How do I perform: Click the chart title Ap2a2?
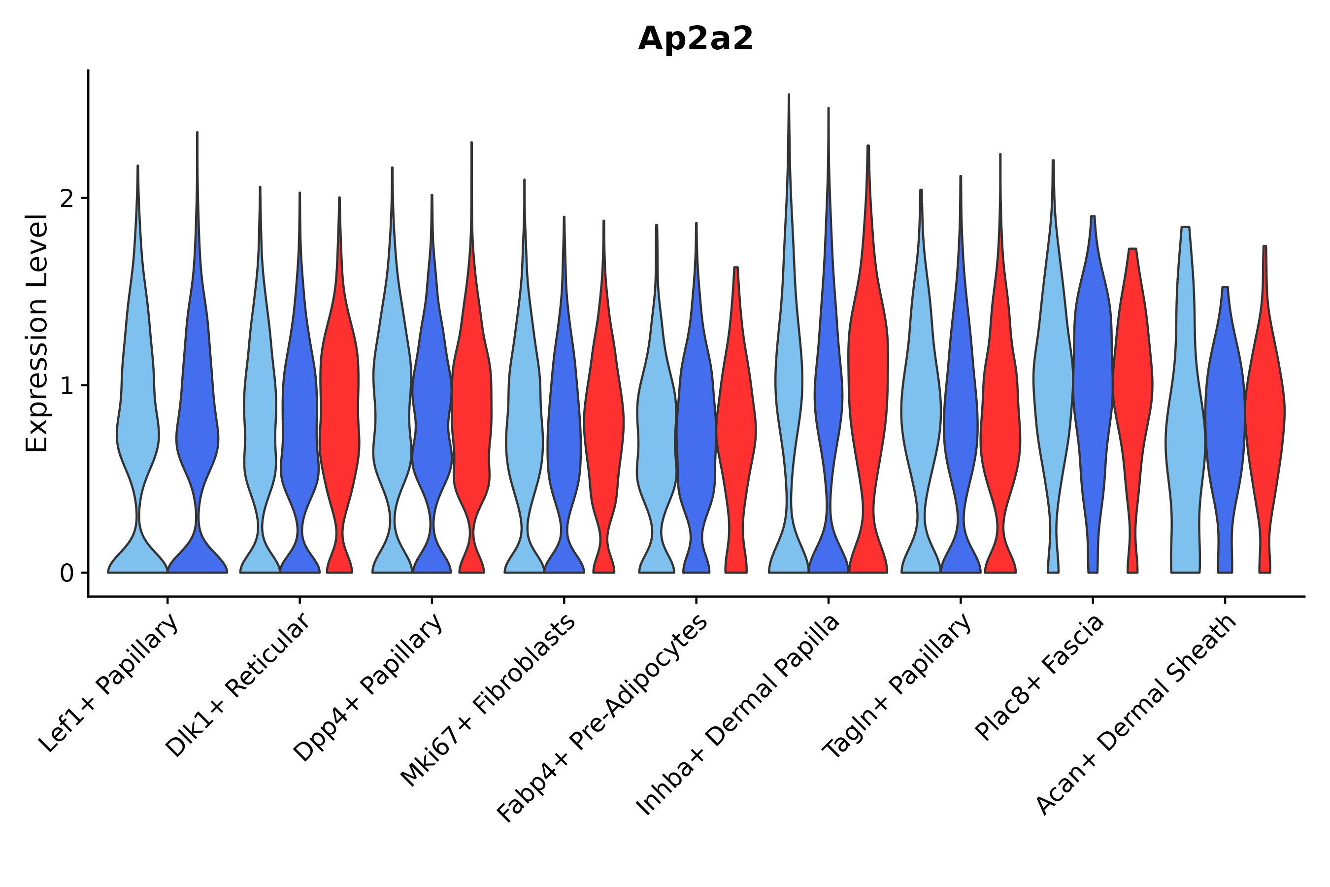click(x=695, y=39)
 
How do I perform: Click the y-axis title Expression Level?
click(x=37, y=333)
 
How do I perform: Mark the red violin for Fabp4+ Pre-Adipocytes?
click(x=735, y=424)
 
